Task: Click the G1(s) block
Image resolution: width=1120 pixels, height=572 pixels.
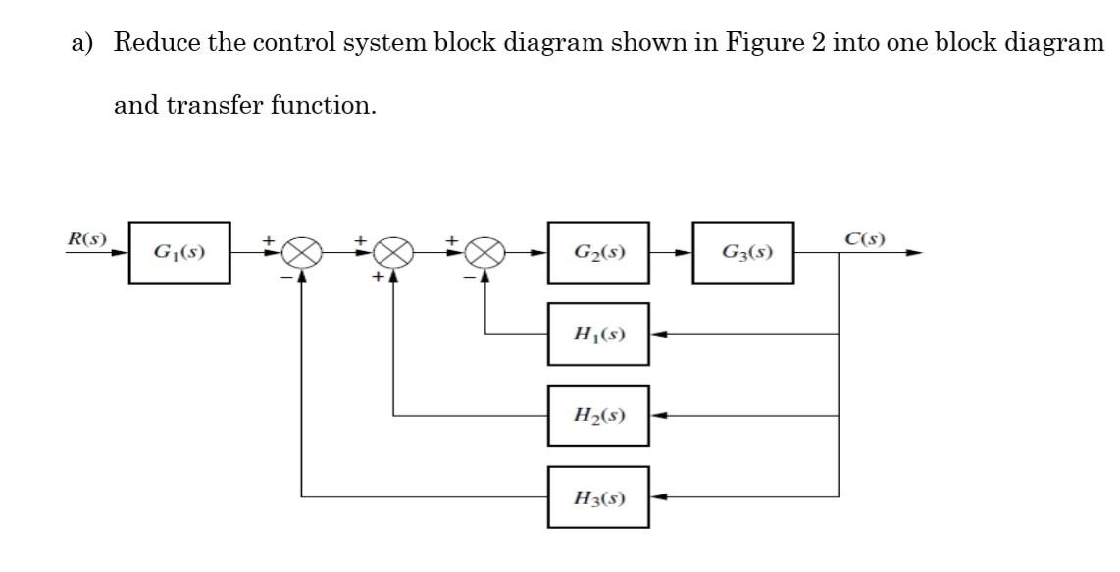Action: point(179,252)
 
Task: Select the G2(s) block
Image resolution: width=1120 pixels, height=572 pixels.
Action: point(598,252)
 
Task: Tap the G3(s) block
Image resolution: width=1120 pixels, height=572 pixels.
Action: point(743,252)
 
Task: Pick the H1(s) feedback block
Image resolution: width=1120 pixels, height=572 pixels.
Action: point(598,335)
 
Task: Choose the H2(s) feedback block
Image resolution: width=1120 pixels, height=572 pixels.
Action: point(598,416)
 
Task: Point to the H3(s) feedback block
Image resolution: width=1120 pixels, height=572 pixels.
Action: point(598,497)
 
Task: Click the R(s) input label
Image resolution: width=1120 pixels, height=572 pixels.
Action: point(85,237)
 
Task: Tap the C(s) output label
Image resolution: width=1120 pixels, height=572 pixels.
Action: point(864,238)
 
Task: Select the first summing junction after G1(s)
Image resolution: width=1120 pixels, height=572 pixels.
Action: point(300,253)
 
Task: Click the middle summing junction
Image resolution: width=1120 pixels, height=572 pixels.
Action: point(392,253)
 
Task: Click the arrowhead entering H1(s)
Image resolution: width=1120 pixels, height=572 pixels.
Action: point(659,335)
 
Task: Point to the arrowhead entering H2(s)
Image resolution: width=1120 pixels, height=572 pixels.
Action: point(659,416)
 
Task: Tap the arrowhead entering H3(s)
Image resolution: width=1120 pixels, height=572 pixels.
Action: point(659,497)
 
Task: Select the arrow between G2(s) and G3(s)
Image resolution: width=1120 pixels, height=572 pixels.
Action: point(672,253)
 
